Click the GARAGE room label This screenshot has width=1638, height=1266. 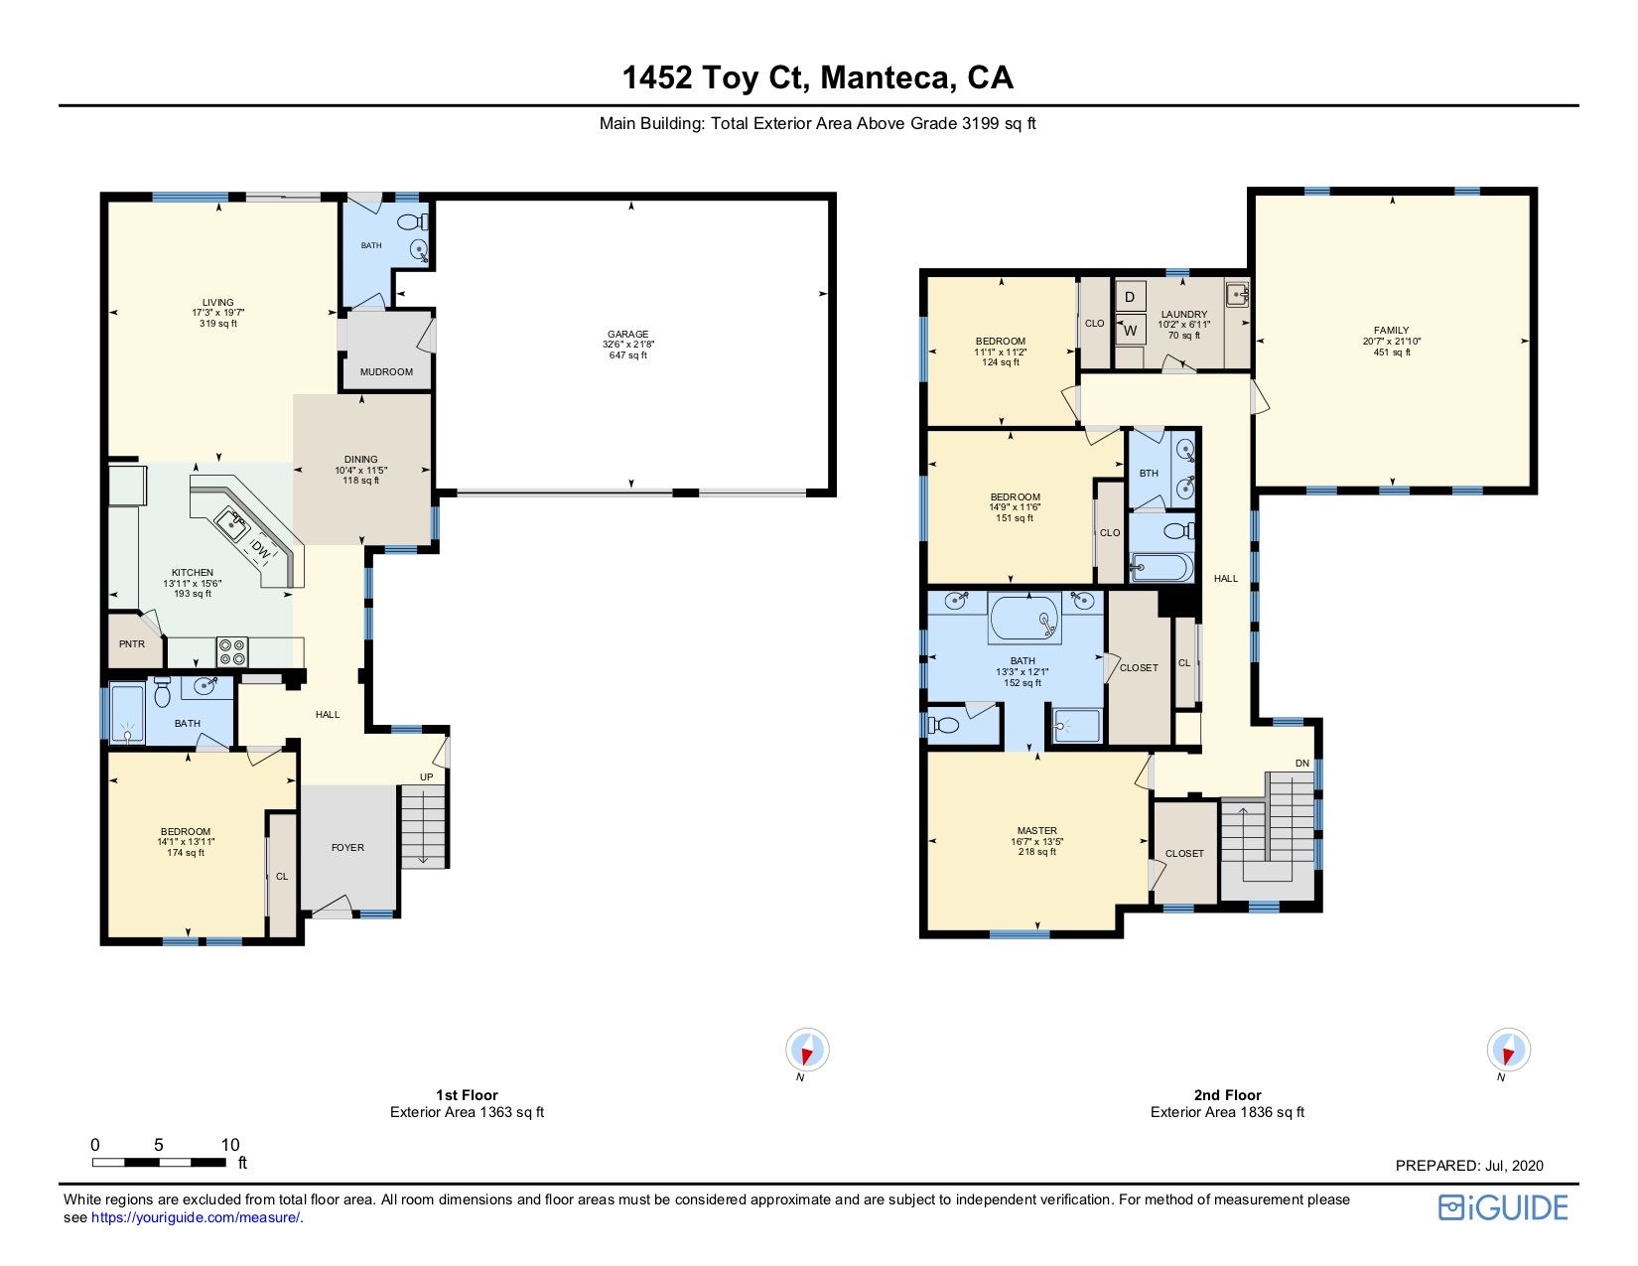(628, 334)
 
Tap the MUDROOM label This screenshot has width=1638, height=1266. (386, 371)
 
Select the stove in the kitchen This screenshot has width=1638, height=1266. (231, 652)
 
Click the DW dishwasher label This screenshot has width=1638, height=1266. (260, 550)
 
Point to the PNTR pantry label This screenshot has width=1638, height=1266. (132, 644)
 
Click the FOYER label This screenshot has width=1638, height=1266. (347, 848)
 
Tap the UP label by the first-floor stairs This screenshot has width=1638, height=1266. (427, 776)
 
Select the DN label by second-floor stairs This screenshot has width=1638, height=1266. (1302, 763)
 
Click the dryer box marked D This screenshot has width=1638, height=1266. (1130, 297)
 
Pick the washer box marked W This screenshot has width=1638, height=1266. (1130, 330)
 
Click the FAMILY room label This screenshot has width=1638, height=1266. (1392, 331)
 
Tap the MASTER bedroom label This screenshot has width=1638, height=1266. (1037, 831)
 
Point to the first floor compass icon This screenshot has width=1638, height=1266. (807, 1049)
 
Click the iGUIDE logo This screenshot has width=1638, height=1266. (1503, 1207)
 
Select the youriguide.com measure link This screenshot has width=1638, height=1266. (197, 1217)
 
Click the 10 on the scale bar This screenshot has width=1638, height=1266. (230, 1145)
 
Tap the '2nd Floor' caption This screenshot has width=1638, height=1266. (1227, 1095)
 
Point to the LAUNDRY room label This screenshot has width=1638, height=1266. (1184, 315)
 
